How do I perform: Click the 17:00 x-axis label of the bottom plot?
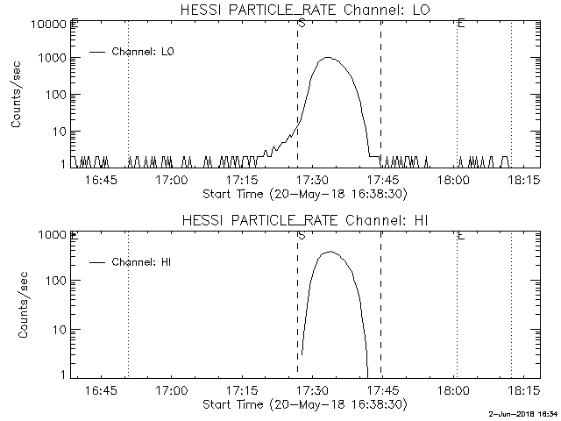click(x=171, y=390)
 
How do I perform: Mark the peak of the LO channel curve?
click(x=328, y=58)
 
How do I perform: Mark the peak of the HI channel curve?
click(x=330, y=252)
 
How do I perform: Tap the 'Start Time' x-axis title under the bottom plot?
click(x=302, y=404)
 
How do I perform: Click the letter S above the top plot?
click(x=301, y=24)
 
